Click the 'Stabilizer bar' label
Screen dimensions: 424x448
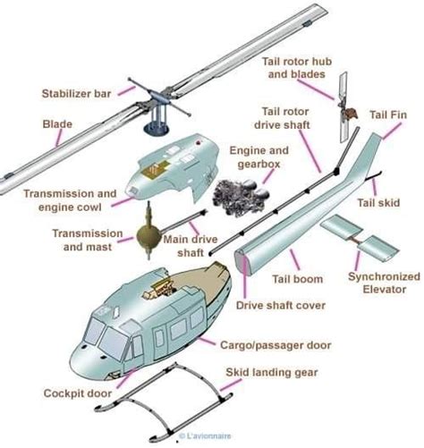tap(76, 94)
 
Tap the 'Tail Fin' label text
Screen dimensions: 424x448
tap(388, 114)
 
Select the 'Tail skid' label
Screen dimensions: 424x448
tap(378, 203)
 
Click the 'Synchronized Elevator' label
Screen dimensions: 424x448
tap(384, 283)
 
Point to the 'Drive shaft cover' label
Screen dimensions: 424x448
tap(281, 305)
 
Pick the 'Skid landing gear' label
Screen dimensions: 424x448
tap(272, 372)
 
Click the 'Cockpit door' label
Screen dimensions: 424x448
tap(78, 393)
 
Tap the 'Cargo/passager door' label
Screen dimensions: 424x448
tap(276, 345)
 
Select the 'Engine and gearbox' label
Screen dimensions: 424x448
tap(259, 157)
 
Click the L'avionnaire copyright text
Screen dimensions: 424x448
tap(205, 435)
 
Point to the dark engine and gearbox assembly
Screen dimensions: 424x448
tap(241, 195)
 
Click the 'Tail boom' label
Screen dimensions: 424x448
tap(297, 279)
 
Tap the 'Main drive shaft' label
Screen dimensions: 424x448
tap(191, 246)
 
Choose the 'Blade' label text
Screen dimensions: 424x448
tap(57, 124)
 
